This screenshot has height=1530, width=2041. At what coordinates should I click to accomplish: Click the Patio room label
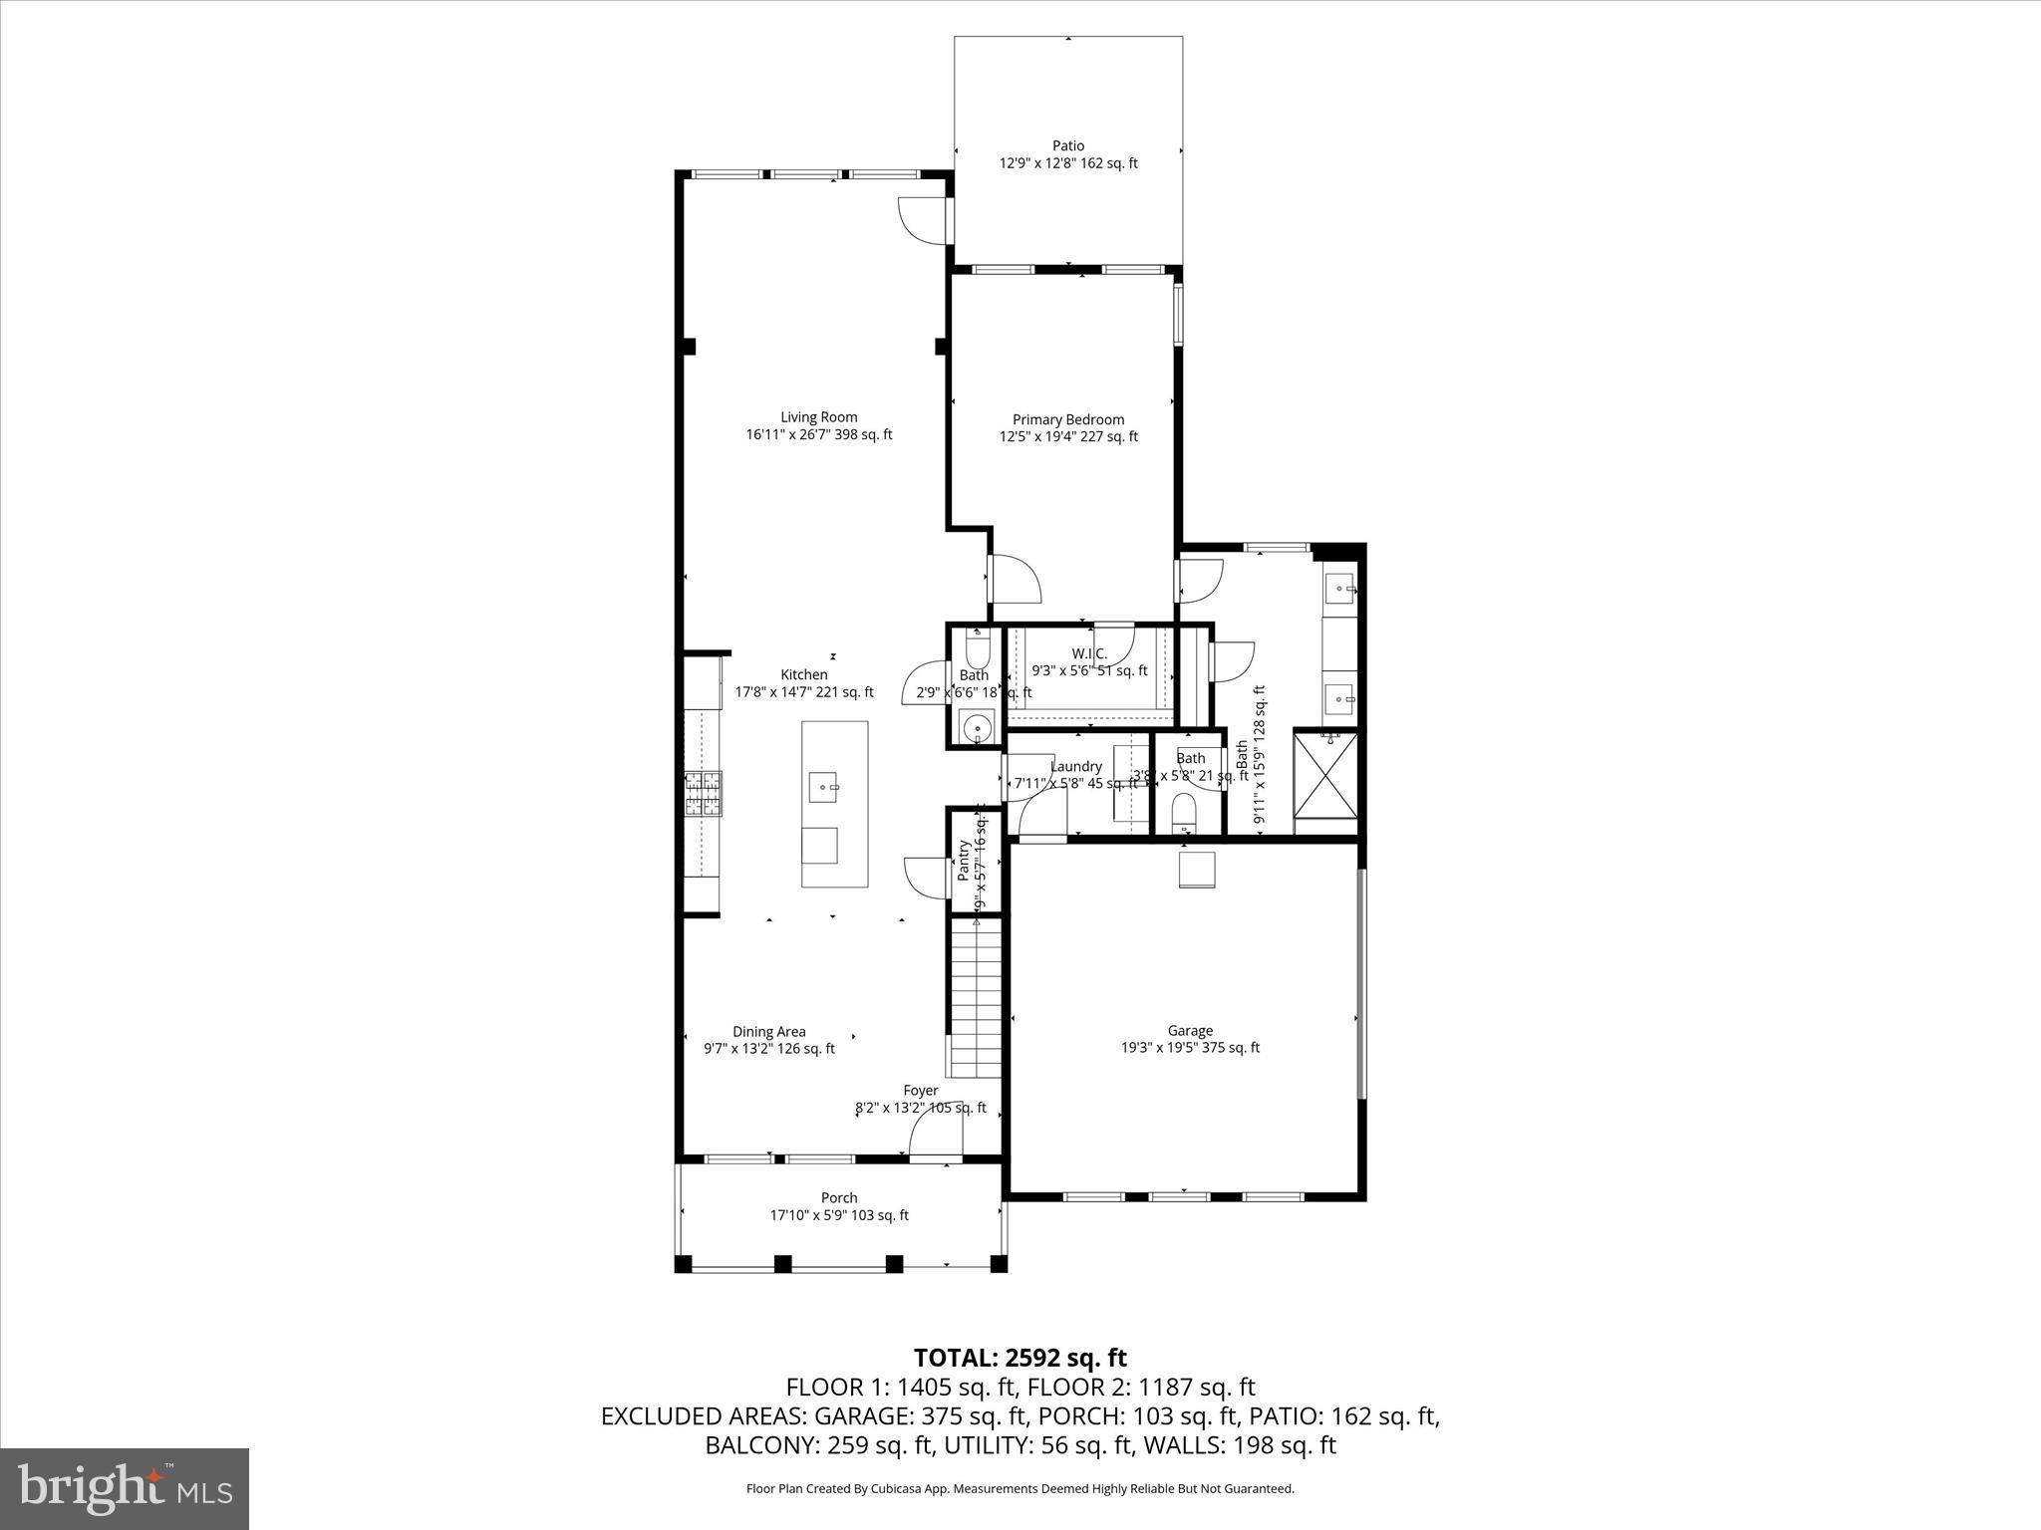click(1067, 145)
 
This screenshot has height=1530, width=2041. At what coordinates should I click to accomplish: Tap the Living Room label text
click(818, 417)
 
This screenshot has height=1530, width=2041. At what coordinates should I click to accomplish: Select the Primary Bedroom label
click(1068, 419)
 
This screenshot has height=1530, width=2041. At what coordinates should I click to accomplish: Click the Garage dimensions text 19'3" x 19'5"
click(1190, 1047)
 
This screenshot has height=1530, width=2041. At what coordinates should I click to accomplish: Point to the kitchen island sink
click(824, 787)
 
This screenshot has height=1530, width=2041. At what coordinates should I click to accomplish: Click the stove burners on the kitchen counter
click(703, 794)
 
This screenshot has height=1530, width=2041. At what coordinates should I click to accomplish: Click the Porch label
click(839, 1197)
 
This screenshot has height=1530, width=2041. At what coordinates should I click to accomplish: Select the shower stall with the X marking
click(1325, 775)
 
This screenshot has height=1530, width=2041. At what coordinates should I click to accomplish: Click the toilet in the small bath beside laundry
click(1184, 812)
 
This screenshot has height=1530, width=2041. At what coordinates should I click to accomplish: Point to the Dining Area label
click(768, 1031)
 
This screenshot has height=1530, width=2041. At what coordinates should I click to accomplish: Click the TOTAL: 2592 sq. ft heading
click(1020, 1358)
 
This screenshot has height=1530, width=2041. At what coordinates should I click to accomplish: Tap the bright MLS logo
click(125, 1488)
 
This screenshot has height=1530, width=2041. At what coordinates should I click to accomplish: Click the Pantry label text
click(964, 861)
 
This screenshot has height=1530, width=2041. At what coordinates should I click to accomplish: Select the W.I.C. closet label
click(1089, 653)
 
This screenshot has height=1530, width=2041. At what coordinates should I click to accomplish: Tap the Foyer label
click(920, 1090)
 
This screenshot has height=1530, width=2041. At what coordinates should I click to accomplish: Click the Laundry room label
click(1075, 766)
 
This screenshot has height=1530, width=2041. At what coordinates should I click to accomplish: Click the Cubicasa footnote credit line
click(1020, 1489)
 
